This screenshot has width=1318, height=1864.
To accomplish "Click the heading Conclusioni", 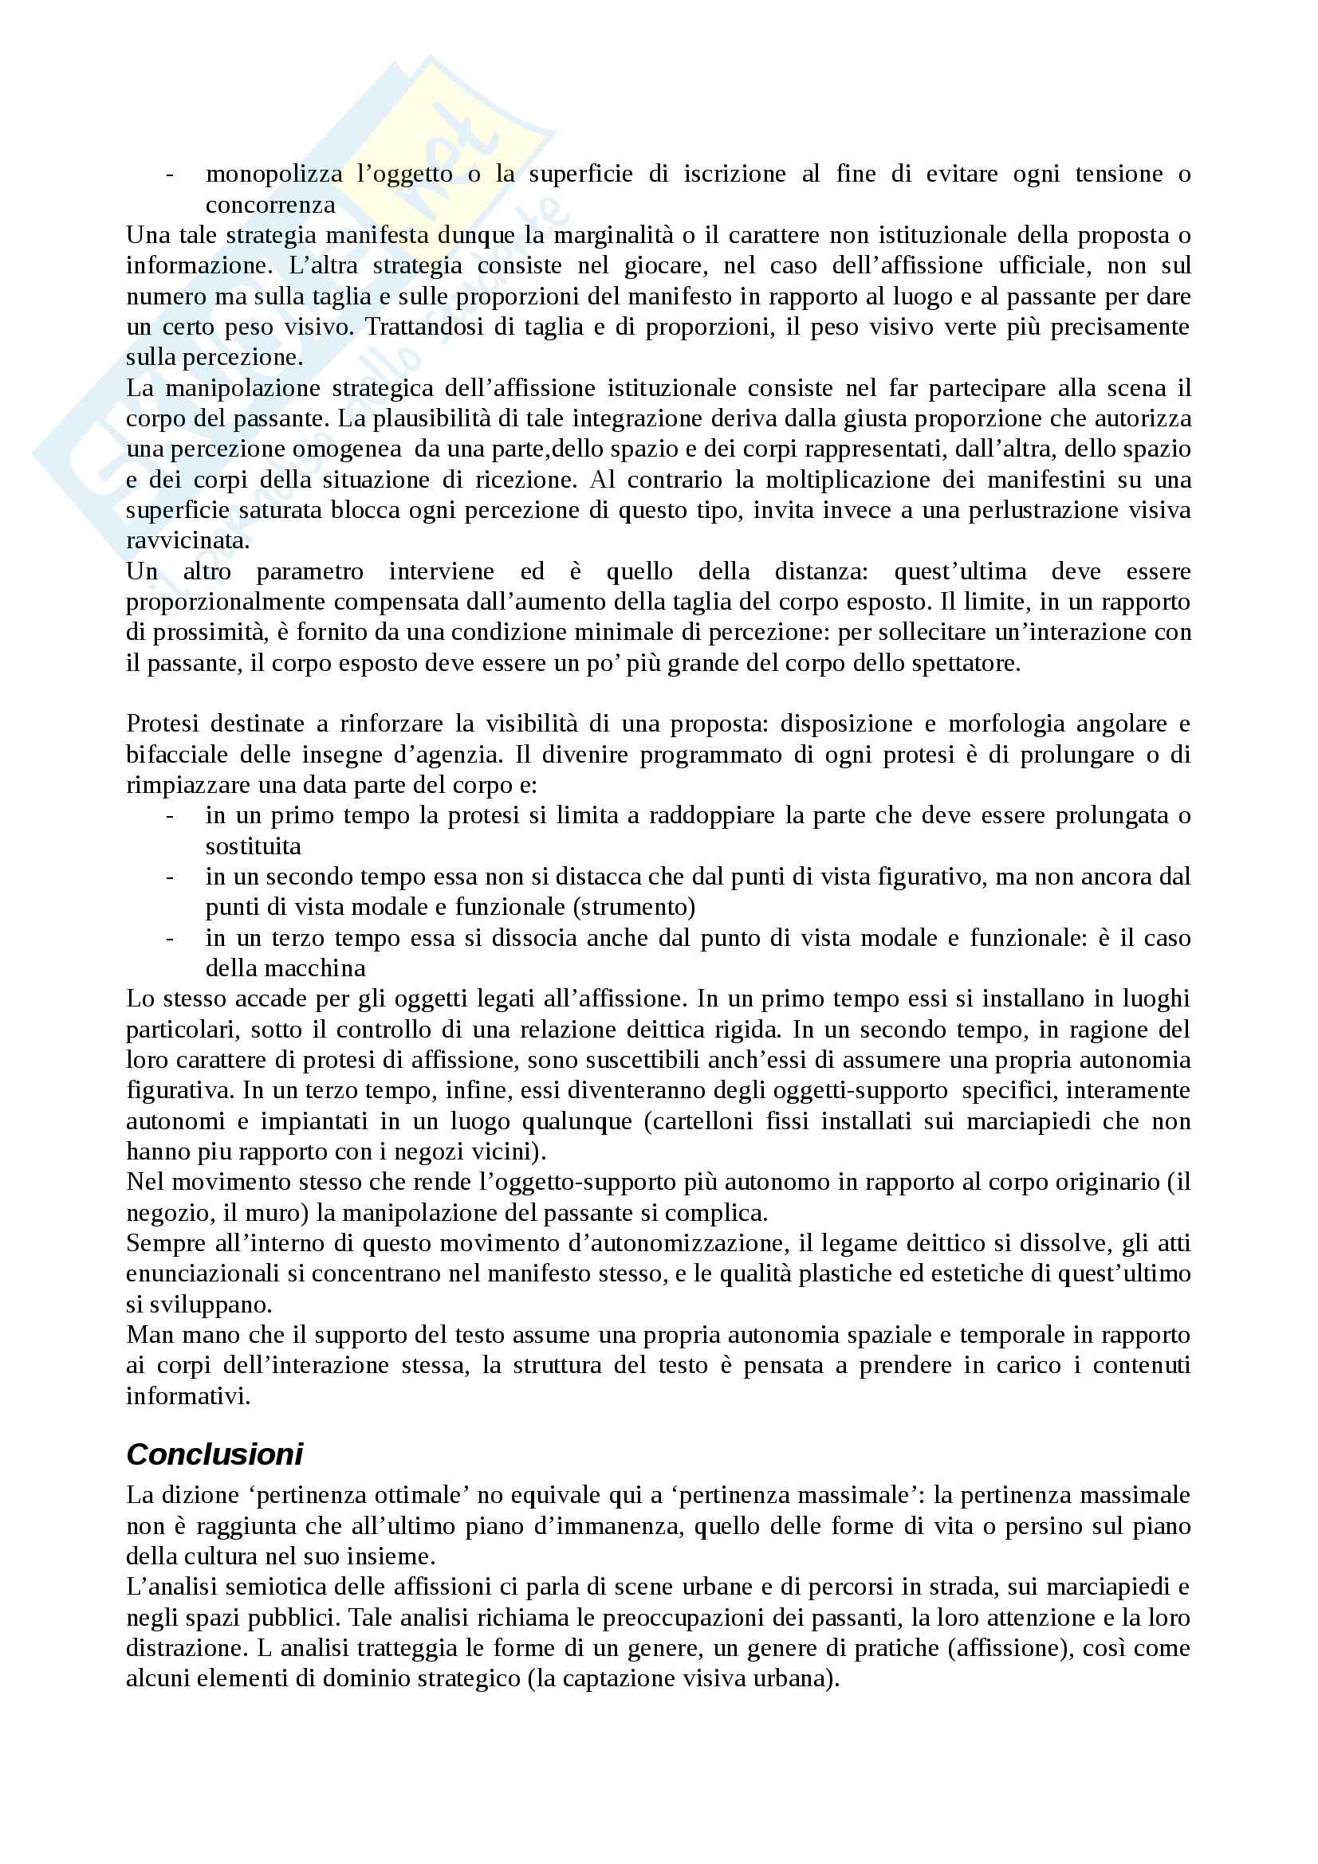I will click(214, 1454).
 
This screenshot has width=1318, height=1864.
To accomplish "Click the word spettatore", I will click(956, 663).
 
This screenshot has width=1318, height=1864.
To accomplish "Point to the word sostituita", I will click(253, 847).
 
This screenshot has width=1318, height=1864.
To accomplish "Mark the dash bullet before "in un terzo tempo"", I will click(170, 939).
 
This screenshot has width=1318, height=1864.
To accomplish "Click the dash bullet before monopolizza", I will click(170, 175).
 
